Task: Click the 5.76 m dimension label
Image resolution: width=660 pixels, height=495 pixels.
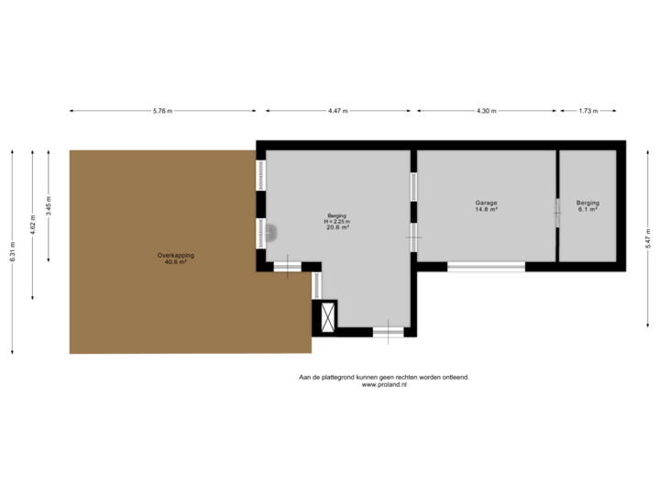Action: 163,111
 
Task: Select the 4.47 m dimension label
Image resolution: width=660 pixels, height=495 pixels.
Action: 337,111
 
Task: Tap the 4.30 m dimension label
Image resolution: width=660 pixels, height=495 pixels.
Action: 486,111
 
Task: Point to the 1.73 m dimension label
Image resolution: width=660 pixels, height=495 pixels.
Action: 588,111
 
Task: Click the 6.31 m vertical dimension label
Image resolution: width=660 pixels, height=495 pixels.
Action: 13,254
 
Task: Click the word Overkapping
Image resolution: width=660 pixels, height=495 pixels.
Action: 175,255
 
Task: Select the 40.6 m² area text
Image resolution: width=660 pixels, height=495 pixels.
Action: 175,262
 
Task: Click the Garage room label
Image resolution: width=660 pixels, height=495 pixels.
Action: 486,203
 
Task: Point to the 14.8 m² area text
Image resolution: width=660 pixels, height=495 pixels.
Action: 486,210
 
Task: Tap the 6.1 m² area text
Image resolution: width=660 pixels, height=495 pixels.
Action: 588,210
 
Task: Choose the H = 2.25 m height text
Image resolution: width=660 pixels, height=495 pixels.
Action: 337,222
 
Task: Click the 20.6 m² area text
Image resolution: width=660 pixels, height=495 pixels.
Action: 337,228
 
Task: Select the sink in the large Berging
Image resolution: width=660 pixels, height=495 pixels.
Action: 271,233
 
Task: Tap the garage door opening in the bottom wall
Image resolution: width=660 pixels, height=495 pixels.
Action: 486,267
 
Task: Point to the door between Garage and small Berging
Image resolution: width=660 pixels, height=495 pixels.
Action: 557,213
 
